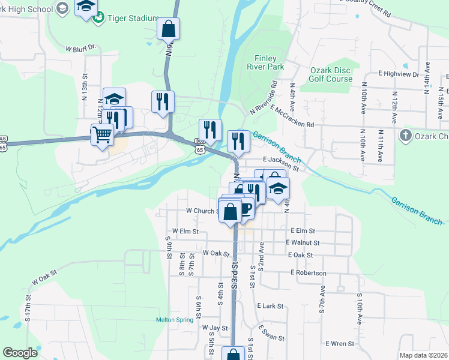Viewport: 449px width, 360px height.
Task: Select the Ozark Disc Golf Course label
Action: pyautogui.click(x=331, y=74)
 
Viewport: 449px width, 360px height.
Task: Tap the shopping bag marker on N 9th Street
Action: pyautogui.click(x=169, y=28)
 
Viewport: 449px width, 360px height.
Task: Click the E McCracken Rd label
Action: pyautogui.click(x=292, y=116)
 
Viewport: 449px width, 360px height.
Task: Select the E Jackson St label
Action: pyautogui.click(x=281, y=160)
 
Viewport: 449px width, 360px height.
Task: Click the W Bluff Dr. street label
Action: pyautogui.click(x=80, y=47)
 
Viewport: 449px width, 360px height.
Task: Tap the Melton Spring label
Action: pyautogui.click(x=175, y=320)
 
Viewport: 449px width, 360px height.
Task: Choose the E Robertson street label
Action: pyautogui.click(x=308, y=272)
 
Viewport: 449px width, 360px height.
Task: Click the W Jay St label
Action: pyautogui.click(x=215, y=328)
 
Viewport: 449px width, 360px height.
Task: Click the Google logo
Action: pyautogui.click(x=20, y=353)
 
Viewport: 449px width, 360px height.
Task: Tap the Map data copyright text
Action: pyautogui.click(x=424, y=355)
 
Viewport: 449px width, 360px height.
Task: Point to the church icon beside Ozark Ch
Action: pyautogui.click(x=406, y=135)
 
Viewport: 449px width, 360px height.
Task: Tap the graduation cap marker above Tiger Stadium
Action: pyautogui.click(x=86, y=7)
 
